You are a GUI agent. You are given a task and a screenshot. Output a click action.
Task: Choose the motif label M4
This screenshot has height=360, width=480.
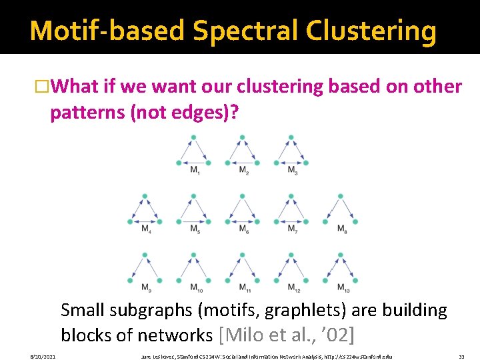(x=145, y=229)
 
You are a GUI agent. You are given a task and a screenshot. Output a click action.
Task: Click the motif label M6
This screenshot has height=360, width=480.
(x=243, y=229)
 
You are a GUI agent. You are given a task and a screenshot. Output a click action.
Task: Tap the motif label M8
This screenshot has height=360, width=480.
(x=341, y=229)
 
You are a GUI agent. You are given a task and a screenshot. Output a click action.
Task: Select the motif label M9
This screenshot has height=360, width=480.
(x=145, y=287)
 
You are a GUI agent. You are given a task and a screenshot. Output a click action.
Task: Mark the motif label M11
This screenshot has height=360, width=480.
(x=243, y=287)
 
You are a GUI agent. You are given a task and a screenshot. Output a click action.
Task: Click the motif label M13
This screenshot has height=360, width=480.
(x=341, y=287)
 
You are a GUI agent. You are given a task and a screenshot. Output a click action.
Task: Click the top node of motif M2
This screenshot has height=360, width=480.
(x=243, y=137)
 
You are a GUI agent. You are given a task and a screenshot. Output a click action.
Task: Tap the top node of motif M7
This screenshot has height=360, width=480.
(x=291, y=196)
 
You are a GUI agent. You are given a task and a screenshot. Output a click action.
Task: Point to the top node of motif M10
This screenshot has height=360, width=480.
(x=194, y=254)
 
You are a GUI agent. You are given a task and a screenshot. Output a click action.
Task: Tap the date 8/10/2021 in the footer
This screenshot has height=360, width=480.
(x=43, y=357)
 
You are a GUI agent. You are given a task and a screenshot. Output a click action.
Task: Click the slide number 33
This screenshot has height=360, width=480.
(x=461, y=357)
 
